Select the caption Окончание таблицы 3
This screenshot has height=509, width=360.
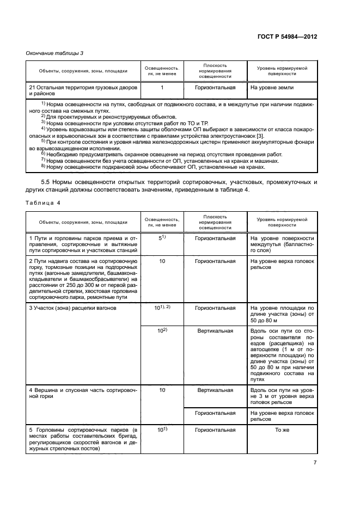click(54, 52)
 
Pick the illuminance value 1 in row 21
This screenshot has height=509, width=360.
click(162, 87)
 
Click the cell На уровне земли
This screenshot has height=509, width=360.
click(272, 87)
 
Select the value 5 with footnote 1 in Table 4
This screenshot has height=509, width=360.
click(162, 238)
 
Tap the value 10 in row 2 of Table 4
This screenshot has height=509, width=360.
click(162, 262)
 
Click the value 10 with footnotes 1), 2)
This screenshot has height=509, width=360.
click(162, 308)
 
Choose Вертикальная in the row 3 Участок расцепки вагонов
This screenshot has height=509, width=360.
click(215, 331)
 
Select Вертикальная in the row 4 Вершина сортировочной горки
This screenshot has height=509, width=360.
click(215, 390)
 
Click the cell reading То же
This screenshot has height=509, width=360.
click(281, 430)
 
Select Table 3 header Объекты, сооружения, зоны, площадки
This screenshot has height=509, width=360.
click(83, 70)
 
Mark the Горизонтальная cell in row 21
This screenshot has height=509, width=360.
click(215, 87)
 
